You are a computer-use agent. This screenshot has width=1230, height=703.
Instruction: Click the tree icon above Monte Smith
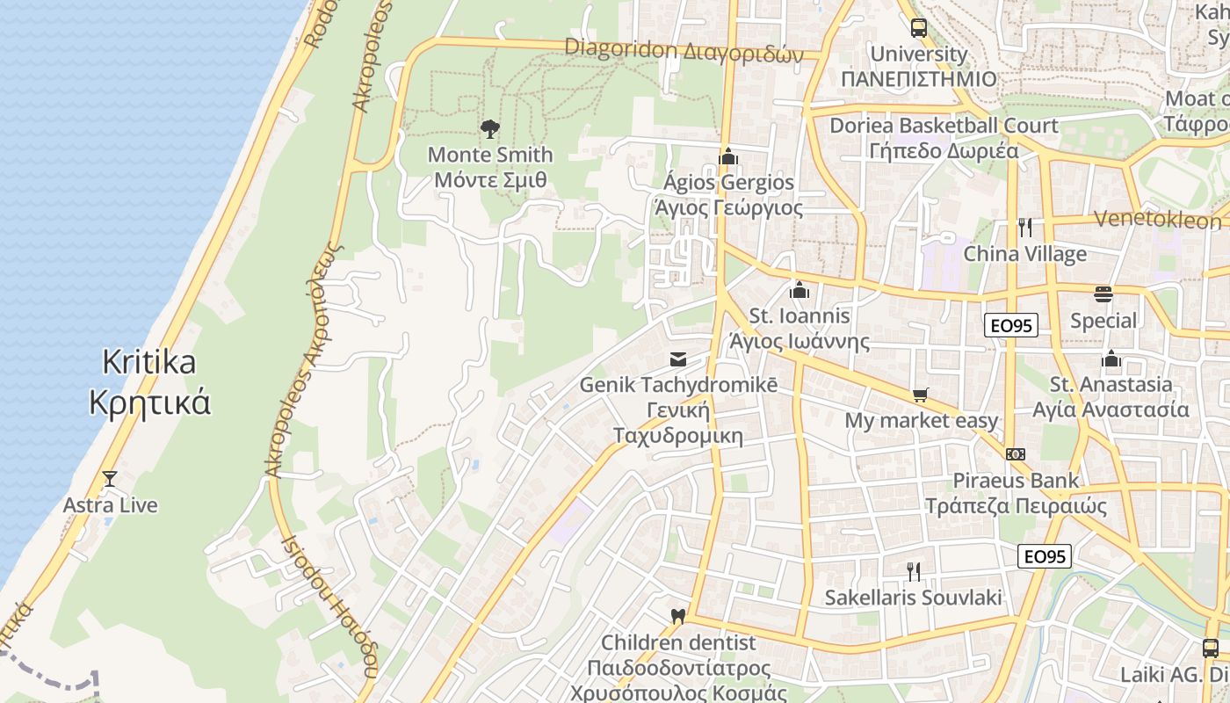490,129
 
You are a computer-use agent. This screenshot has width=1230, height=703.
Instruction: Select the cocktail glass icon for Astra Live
110,479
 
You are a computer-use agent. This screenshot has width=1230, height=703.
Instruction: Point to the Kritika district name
150,382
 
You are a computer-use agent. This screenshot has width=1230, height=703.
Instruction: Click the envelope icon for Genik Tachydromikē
678,359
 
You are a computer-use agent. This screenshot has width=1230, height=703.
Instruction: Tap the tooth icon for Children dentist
676,616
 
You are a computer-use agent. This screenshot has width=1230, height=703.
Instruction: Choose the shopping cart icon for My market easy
921,395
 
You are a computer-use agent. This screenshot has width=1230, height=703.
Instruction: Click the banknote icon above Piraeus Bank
1016,454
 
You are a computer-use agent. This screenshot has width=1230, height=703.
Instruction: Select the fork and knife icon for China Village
1024,228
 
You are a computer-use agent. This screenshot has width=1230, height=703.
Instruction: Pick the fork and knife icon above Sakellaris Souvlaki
914,572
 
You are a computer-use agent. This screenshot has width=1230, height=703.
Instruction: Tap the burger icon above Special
1103,294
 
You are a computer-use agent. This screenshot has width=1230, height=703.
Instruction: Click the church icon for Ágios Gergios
727,156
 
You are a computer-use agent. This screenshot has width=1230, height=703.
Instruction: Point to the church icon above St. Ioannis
799,289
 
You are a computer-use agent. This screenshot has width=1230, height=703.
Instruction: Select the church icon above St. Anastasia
1111,359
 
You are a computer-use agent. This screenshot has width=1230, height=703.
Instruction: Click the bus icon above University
919,27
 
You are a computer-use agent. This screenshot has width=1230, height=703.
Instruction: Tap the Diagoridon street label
684,50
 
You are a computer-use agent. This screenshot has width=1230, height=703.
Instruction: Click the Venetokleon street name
1159,219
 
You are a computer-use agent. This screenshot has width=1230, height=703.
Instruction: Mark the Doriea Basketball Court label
944,137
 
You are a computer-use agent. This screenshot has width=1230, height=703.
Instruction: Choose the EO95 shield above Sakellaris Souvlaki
1045,556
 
